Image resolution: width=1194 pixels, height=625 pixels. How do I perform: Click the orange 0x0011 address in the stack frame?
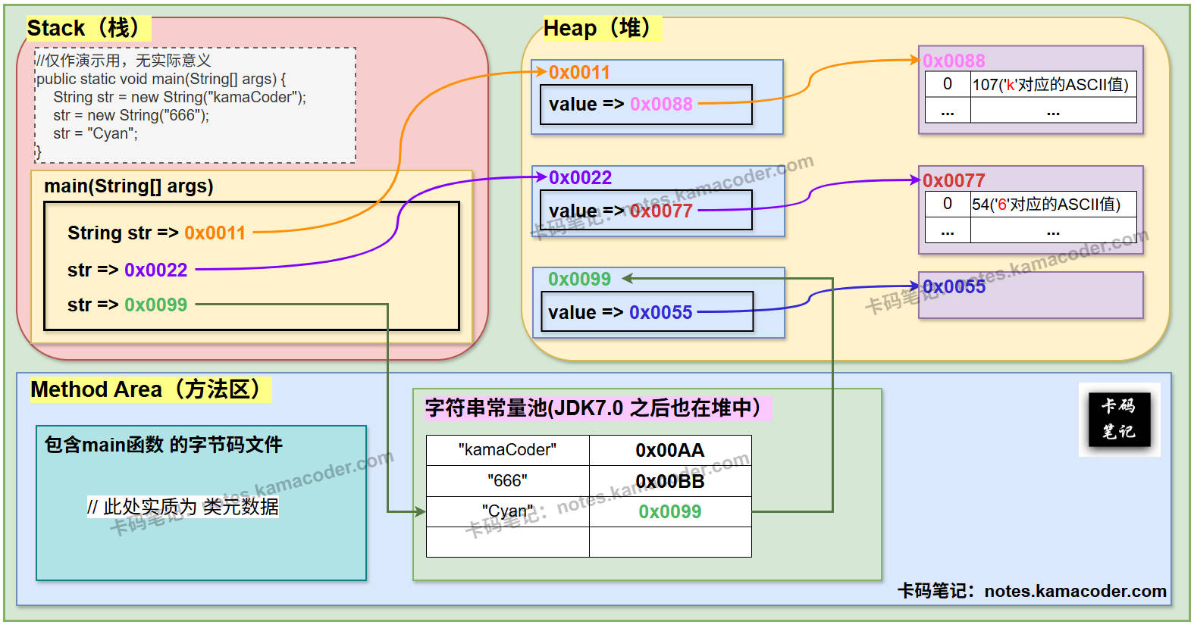[x=215, y=233]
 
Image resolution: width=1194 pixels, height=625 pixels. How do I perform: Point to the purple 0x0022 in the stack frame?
[x=155, y=270]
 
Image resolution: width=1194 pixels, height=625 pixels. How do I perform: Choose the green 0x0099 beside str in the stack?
[x=155, y=305]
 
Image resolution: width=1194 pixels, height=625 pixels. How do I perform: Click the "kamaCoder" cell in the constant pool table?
[x=507, y=450]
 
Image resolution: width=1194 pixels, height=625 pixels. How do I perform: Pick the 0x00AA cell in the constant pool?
[x=669, y=450]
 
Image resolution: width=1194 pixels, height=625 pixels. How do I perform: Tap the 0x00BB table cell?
[x=669, y=481]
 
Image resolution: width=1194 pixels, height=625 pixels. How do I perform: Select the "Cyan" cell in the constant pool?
[x=507, y=511]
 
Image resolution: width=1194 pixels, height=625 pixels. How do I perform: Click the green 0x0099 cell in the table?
[x=669, y=511]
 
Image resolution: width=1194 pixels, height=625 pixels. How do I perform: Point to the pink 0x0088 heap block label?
[x=954, y=61]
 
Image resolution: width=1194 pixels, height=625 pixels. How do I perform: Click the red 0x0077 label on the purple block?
[x=954, y=180]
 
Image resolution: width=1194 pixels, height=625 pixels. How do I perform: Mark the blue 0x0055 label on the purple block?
[x=954, y=286]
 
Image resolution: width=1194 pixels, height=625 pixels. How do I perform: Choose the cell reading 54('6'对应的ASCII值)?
[x=1046, y=204]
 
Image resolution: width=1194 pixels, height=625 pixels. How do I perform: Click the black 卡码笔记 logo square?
[x=1119, y=419]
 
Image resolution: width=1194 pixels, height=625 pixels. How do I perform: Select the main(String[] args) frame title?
[x=129, y=186]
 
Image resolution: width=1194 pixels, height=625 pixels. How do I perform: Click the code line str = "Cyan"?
[x=96, y=134]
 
